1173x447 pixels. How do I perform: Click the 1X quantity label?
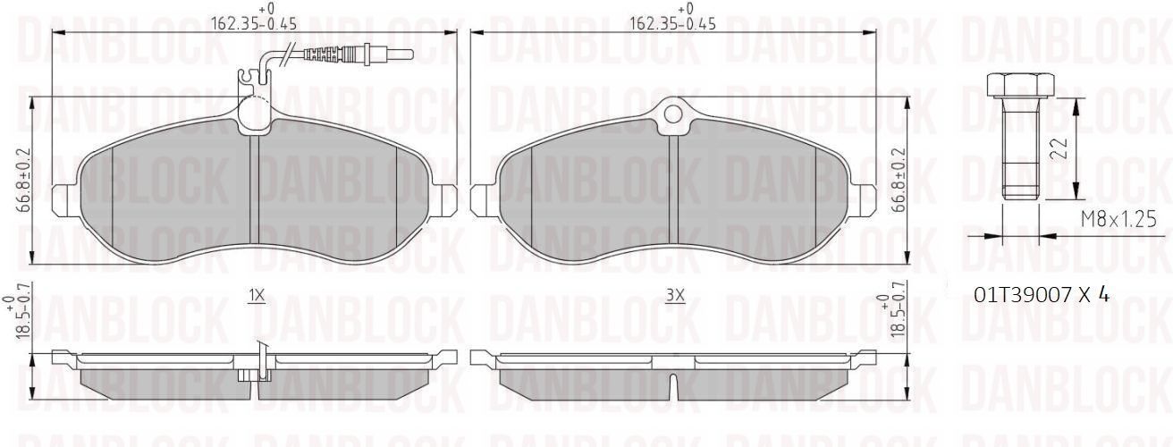[x=257, y=296]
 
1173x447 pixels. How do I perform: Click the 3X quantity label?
[x=675, y=296]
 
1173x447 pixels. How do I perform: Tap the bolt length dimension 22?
[x=1059, y=149]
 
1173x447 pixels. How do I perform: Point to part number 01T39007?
[x=1023, y=296]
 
